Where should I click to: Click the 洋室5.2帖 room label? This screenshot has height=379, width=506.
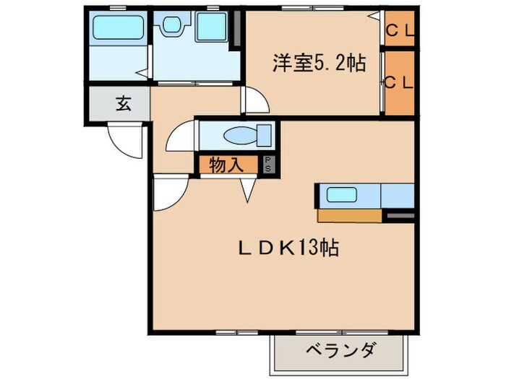click(x=318, y=64)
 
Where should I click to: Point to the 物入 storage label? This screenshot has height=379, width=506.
click(x=226, y=165)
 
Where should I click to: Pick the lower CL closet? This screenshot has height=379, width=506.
click(x=399, y=82)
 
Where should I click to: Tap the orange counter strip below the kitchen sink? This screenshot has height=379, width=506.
click(x=349, y=214)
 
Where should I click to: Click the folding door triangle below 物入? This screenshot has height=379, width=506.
click(x=249, y=189)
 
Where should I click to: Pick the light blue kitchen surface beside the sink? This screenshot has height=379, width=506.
click(x=396, y=195)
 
